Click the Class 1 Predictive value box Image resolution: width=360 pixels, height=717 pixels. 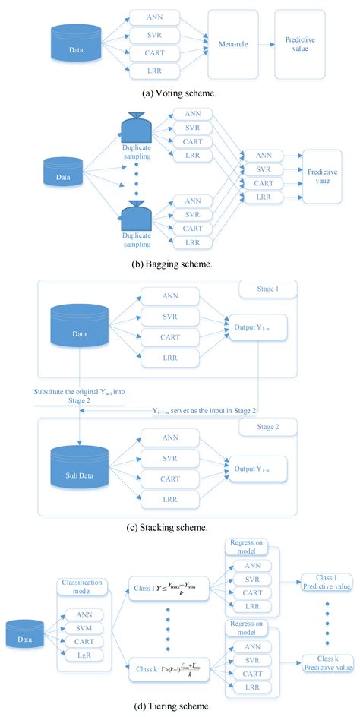(327, 581)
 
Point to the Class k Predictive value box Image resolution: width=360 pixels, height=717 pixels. (327, 662)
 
